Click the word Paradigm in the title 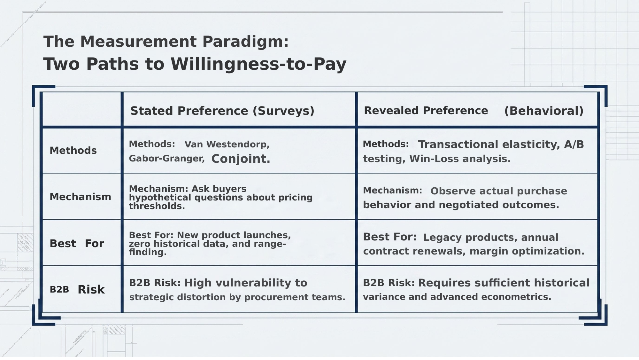click(245, 42)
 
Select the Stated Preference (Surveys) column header click(222, 111)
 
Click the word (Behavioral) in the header click(544, 111)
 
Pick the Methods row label click(73, 151)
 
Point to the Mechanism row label click(80, 197)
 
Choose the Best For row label click(77, 244)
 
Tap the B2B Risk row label click(77, 290)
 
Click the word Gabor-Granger click(166, 159)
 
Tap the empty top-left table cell click(82, 110)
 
